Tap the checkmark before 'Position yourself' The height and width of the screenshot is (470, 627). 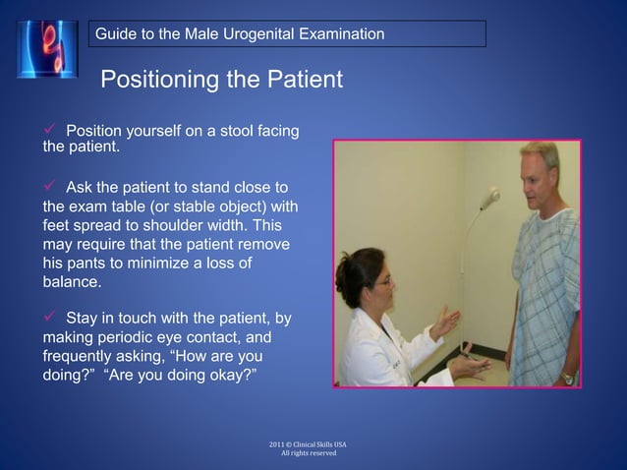pos(49,132)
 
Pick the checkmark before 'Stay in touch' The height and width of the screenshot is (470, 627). pos(49,318)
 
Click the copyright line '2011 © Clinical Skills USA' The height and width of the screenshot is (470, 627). pos(307,444)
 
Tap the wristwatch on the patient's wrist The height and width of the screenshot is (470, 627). pos(567,377)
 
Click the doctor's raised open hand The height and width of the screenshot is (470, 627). pos(444,321)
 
